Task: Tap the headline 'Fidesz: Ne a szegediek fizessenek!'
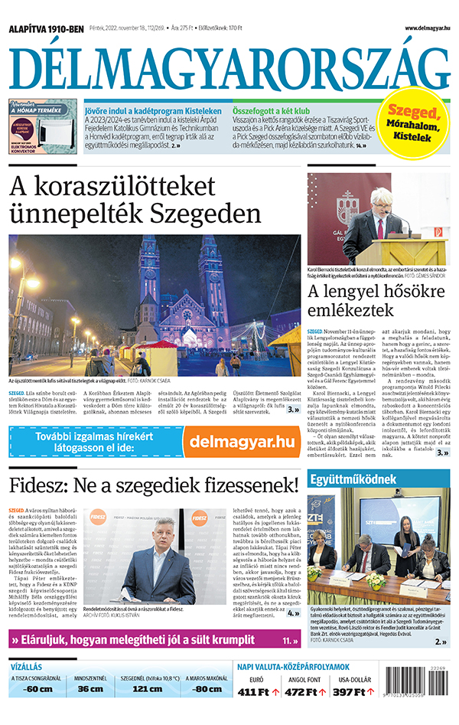153,485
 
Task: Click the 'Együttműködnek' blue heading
343,481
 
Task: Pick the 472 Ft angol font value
304,692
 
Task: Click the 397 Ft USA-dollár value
352,692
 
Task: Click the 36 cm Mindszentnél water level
90,687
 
